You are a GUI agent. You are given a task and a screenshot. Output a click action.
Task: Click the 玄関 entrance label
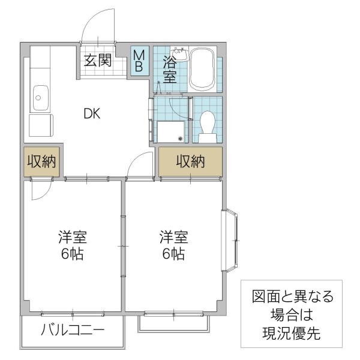[97, 60]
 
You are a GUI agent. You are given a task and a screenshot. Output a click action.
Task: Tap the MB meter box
[139, 61]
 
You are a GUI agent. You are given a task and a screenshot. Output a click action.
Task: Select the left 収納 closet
[41, 161]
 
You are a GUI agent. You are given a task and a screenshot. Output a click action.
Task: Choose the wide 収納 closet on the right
[190, 161]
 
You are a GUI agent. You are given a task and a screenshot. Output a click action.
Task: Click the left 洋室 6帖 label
[72, 245]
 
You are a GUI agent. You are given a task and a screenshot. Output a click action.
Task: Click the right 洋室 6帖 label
[173, 245]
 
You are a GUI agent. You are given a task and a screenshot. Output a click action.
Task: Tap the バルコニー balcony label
[72, 330]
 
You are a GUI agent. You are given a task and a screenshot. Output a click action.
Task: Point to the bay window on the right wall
[232, 240]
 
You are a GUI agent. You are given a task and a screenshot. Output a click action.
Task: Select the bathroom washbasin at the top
[179, 55]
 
